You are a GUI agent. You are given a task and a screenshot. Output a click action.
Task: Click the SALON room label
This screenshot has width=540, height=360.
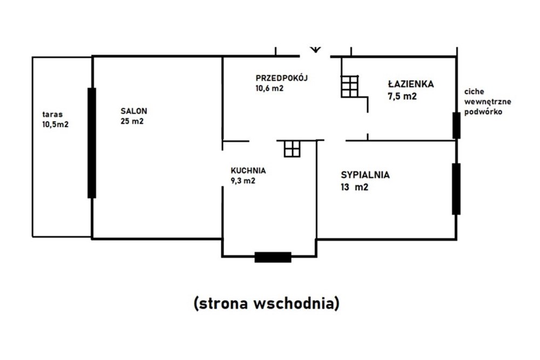(x=134, y=111)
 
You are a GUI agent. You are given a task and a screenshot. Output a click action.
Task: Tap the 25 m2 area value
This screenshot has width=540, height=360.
(x=132, y=121)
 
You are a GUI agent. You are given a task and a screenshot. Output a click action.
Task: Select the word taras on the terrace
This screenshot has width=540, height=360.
(x=53, y=114)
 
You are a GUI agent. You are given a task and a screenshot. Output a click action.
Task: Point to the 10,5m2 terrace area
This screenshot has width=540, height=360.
(x=55, y=124)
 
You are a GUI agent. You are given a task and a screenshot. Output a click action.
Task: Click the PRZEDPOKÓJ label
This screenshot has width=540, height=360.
(x=281, y=78)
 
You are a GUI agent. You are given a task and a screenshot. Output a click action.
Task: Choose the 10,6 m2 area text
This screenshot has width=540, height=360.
(x=270, y=89)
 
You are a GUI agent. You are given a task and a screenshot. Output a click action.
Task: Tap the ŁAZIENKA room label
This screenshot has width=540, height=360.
(x=411, y=84)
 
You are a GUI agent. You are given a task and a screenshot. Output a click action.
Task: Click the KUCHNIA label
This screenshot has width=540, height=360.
(x=248, y=171)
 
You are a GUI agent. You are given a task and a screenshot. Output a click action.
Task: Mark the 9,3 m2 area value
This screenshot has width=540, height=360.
(x=242, y=181)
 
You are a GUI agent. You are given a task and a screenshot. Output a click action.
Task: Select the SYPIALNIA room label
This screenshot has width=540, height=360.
(x=365, y=175)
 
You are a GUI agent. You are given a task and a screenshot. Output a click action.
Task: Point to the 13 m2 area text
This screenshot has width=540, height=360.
(x=355, y=187)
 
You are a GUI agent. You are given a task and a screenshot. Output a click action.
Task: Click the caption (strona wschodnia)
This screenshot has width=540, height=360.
(x=266, y=304)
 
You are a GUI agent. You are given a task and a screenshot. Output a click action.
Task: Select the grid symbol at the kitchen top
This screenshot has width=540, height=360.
(x=292, y=148)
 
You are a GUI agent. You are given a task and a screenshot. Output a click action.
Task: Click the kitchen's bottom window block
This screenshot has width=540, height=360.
(x=273, y=257)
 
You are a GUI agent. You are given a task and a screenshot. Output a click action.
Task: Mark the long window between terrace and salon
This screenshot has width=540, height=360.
(x=92, y=143)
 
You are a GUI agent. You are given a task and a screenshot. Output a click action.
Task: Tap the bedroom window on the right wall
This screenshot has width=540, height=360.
(x=457, y=188)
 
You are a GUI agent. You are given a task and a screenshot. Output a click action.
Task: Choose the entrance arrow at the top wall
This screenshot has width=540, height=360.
(x=316, y=50)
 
